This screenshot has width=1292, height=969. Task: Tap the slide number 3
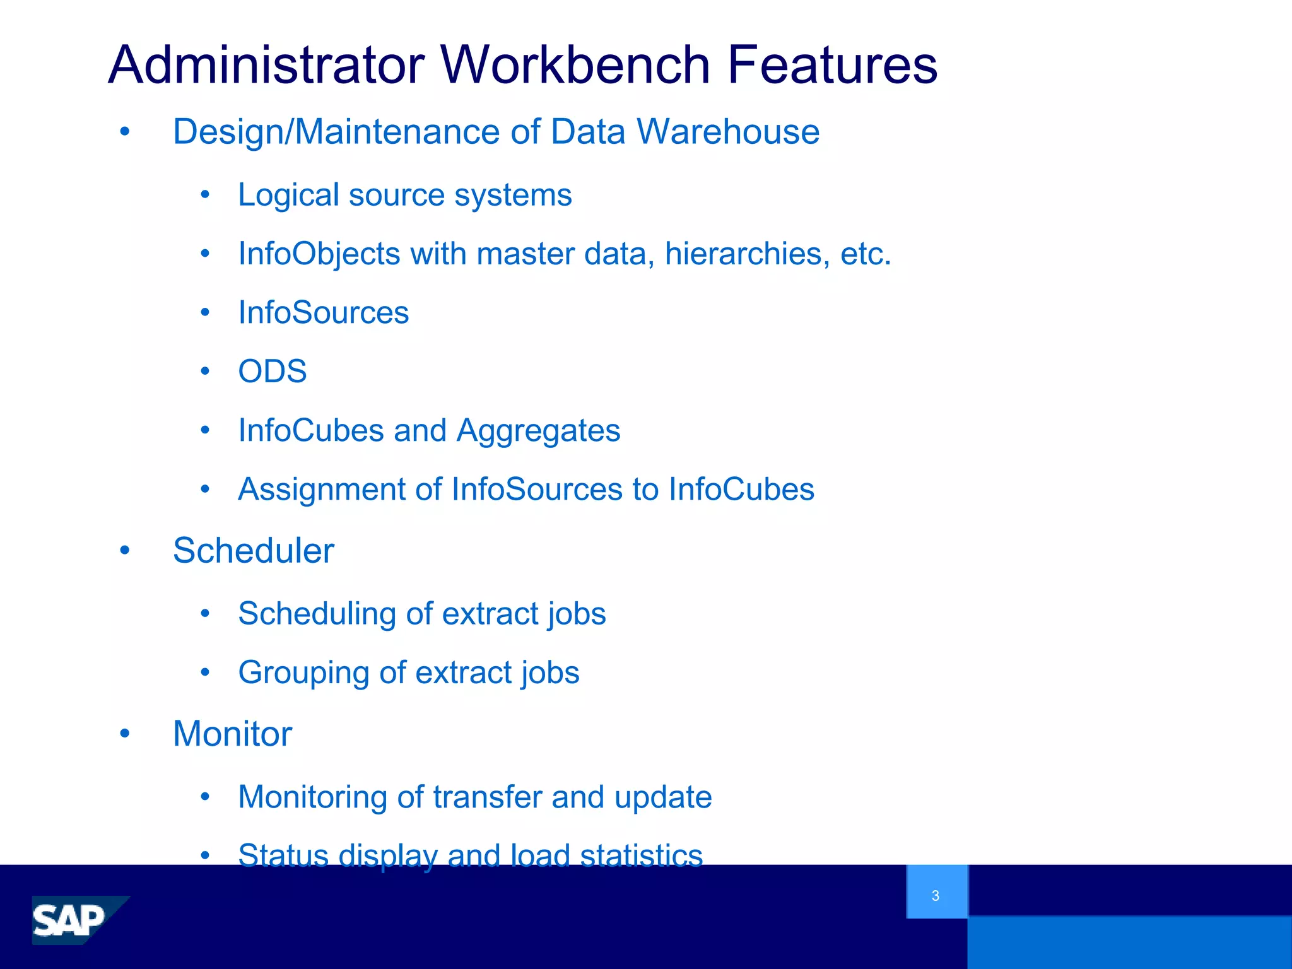pos(935,895)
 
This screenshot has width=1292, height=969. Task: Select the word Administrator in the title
pos(266,65)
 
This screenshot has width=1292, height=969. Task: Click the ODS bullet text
pos(273,371)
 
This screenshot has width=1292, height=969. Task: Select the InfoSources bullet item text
pos(323,312)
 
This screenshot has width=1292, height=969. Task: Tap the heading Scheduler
pos(254,550)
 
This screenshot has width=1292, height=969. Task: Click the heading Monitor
pos(232,733)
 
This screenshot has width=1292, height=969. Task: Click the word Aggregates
pos(538,432)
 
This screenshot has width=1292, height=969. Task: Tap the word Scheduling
pos(317,614)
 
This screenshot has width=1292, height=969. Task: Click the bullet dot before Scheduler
pos(125,550)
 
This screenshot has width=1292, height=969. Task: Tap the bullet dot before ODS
pos(204,371)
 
